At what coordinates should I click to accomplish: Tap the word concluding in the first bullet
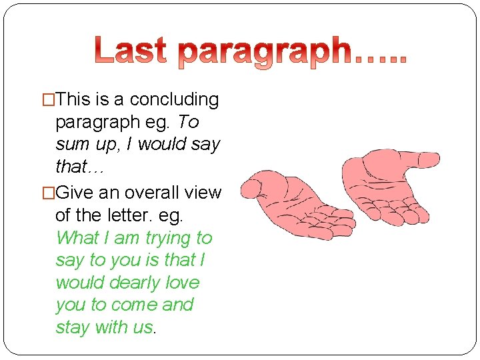[x=174, y=99]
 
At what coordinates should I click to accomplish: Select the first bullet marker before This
[x=49, y=100]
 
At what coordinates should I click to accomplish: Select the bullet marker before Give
[x=49, y=193]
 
